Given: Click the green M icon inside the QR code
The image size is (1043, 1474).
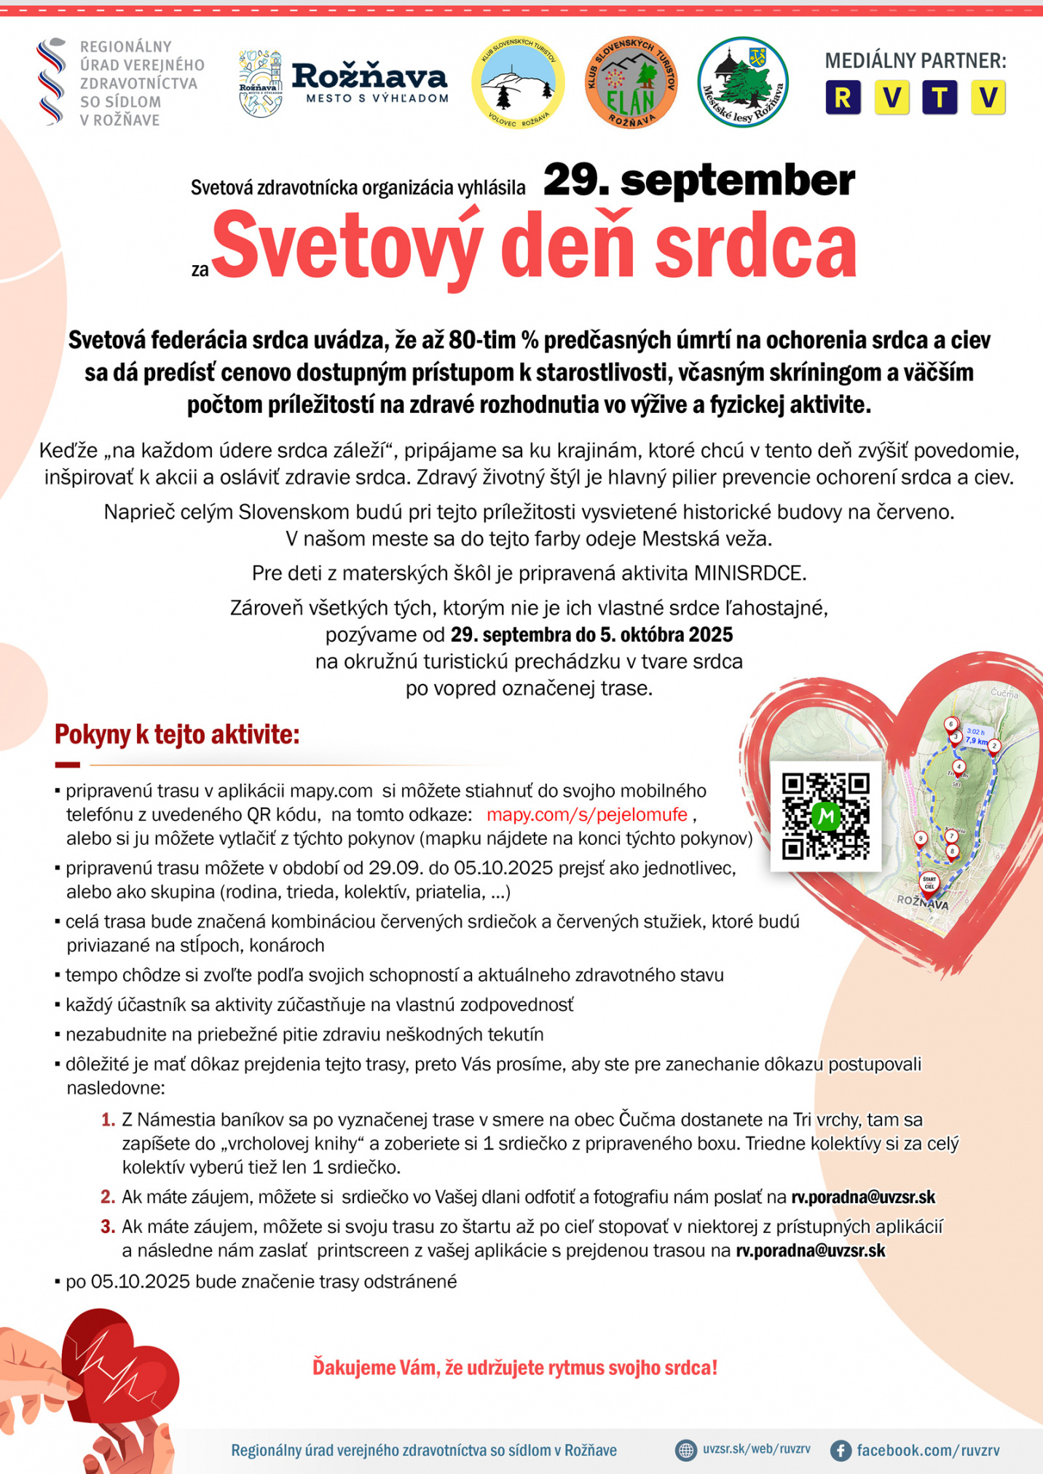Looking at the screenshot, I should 825,816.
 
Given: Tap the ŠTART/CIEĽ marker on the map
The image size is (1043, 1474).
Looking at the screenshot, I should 929,883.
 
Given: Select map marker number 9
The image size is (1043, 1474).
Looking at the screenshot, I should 921,839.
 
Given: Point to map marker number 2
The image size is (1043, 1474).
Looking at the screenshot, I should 994,746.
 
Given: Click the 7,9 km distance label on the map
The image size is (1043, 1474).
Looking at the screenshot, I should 977,741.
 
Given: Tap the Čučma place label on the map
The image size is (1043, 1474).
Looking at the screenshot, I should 1004,693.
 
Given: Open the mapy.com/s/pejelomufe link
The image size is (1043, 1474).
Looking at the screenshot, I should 586,814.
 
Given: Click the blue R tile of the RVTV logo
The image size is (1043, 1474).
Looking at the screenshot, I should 843,98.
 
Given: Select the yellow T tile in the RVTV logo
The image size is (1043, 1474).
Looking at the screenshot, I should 940,98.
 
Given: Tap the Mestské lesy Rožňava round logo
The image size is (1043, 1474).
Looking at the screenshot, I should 742,82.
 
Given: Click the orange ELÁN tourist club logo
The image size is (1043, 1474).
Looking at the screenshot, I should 631,82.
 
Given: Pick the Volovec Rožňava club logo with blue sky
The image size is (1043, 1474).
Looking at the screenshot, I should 518,82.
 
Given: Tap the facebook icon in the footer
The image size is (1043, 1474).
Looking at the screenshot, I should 841,1450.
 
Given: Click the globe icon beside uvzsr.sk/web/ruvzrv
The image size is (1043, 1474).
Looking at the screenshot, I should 685,1450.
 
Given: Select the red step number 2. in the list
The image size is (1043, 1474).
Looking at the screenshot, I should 108,1197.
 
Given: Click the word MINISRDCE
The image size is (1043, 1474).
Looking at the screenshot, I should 749,573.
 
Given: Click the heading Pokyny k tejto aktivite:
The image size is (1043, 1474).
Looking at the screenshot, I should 177,734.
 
